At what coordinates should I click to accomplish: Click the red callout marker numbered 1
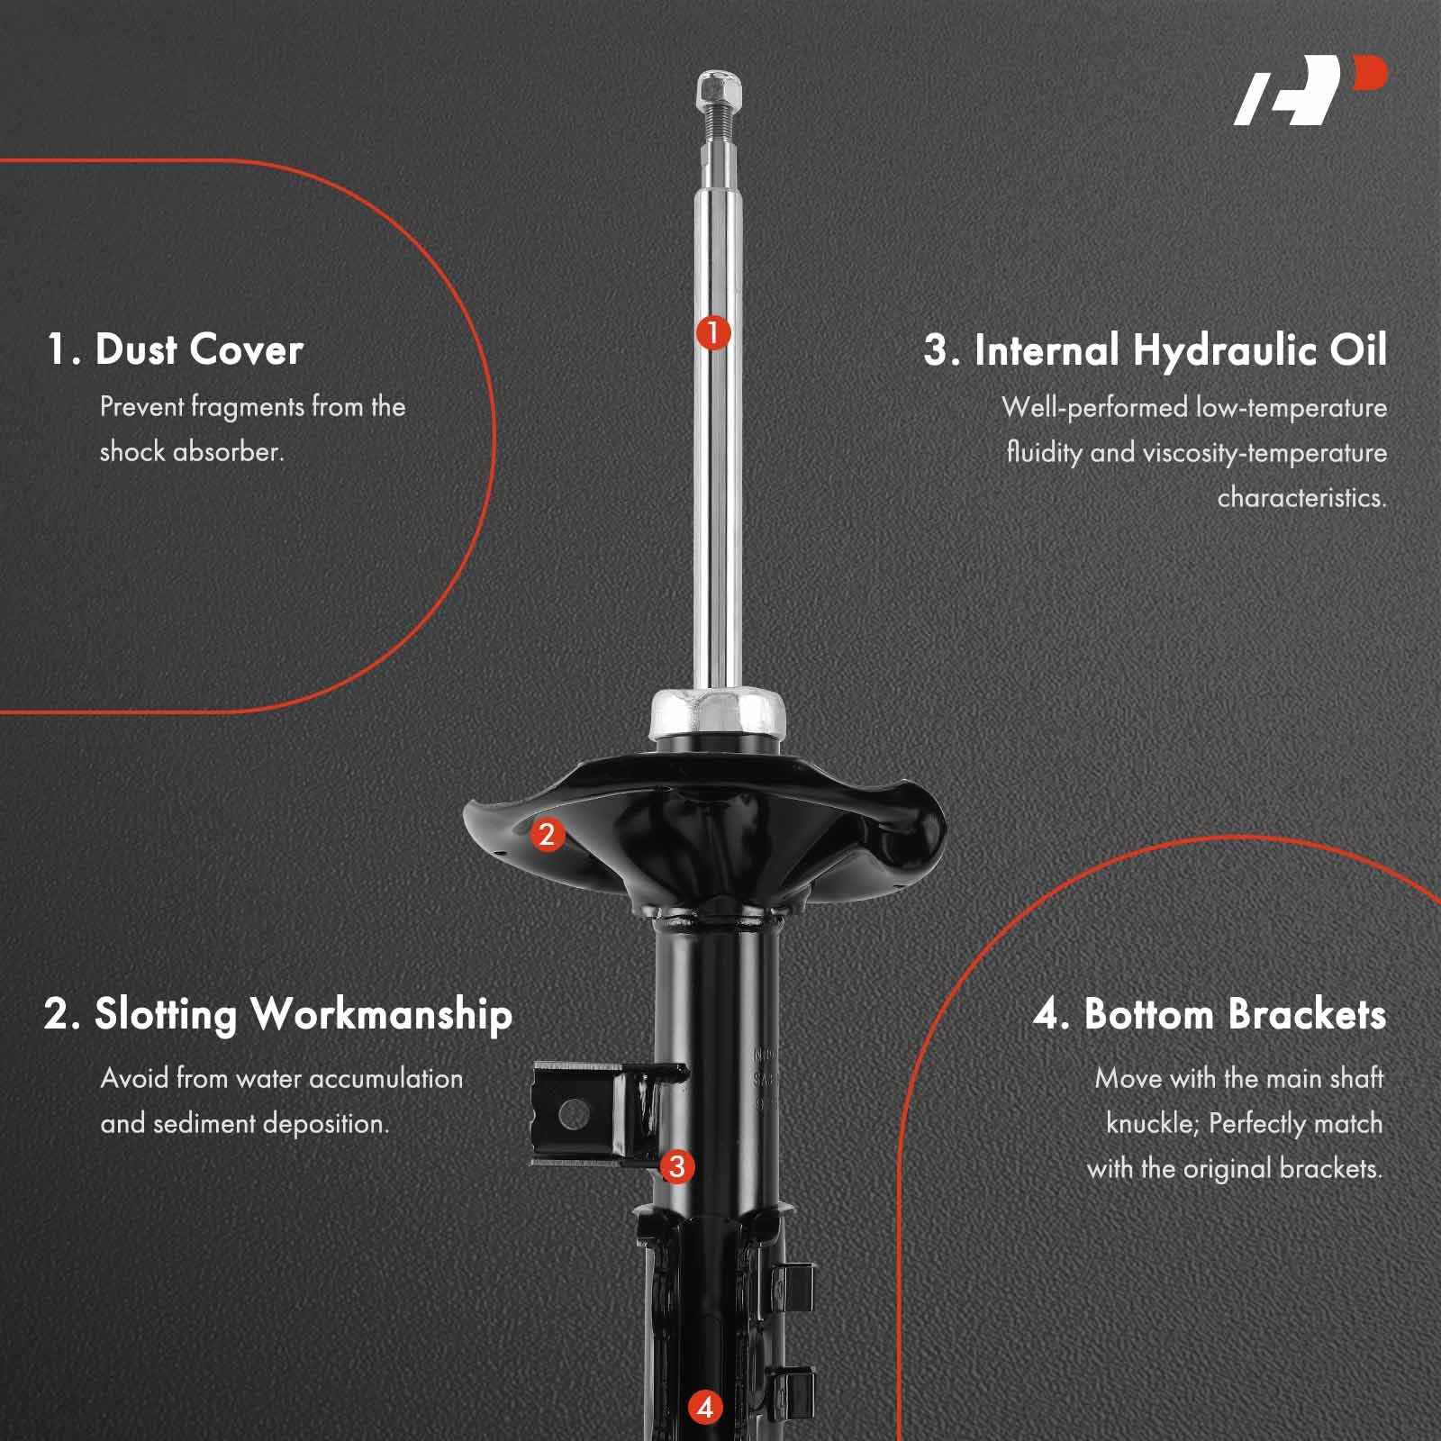[712, 333]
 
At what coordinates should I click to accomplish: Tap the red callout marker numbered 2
[548, 834]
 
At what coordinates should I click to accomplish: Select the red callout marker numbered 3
[677, 1166]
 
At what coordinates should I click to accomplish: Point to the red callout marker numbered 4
[704, 1407]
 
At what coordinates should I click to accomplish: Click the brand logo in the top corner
[1310, 90]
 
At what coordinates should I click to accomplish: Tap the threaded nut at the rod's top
[719, 89]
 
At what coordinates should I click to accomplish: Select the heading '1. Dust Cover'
[176, 349]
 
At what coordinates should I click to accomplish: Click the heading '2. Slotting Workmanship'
[277, 1014]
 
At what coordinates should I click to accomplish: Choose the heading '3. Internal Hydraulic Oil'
[1155, 349]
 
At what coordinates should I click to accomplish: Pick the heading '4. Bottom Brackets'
[1209, 1014]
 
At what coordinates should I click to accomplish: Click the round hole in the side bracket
[574, 1115]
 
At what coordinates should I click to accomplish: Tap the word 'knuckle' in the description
[1152, 1124]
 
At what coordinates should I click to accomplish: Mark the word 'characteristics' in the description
[1301, 497]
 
